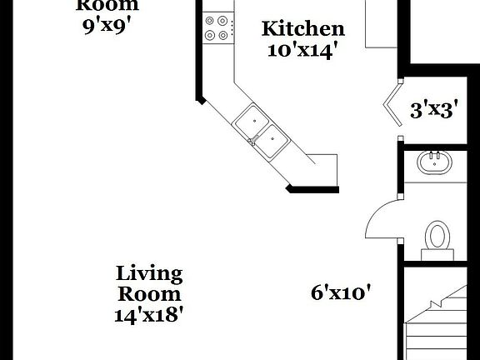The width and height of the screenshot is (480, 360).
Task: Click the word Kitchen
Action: point(302,29)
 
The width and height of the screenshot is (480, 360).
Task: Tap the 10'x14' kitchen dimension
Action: point(302,49)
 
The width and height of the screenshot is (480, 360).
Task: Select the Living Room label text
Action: point(149,283)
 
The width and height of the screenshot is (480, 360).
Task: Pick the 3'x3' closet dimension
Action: point(433,109)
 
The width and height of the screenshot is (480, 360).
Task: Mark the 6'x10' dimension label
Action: point(340,292)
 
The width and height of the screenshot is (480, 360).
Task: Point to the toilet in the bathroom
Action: point(437,236)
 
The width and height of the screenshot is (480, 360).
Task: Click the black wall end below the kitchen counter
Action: point(312,188)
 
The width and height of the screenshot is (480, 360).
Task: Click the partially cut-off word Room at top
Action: point(107,4)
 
